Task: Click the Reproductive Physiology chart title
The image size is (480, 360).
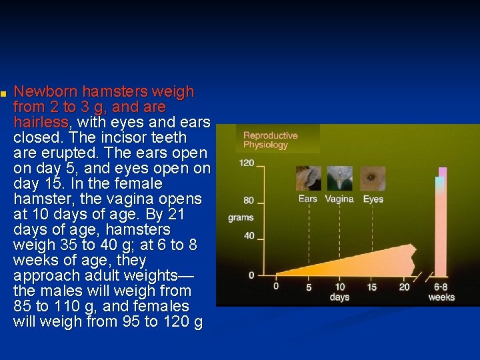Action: tap(270, 140)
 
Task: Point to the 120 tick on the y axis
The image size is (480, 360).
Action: tap(247, 163)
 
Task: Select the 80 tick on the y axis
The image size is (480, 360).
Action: tap(249, 201)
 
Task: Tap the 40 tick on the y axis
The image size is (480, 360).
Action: tap(249, 235)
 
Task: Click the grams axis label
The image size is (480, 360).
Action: tap(241, 217)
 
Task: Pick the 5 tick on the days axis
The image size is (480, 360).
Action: tap(309, 287)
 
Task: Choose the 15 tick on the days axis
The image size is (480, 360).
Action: tap(371, 287)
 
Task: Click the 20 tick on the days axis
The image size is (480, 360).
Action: tap(404, 287)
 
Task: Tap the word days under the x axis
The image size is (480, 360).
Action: tap(339, 297)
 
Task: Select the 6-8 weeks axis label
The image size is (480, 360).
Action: tap(441, 292)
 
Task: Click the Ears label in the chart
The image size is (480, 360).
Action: tap(307, 199)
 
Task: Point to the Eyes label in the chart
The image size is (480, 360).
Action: tap(373, 199)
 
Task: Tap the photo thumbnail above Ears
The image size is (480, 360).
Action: tap(308, 179)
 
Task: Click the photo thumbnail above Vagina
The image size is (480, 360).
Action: tap(339, 179)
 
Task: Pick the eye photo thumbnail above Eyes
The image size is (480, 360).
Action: tap(373, 179)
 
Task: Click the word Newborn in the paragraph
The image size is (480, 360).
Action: tap(43, 91)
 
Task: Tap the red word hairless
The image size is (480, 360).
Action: tap(41, 122)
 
